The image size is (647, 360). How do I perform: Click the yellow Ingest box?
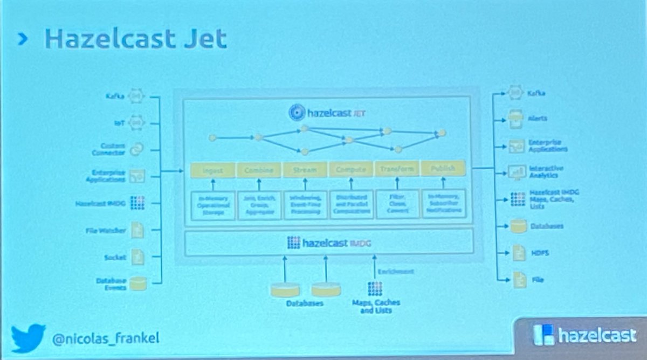click(213, 170)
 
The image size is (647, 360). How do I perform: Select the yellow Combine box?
click(259, 170)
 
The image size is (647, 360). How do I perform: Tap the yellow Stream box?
click(305, 170)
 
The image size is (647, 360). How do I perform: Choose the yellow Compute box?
click(351, 170)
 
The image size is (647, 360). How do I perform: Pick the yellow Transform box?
click(397, 169)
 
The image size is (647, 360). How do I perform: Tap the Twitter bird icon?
click(29, 337)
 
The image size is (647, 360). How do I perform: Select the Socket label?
click(114, 258)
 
